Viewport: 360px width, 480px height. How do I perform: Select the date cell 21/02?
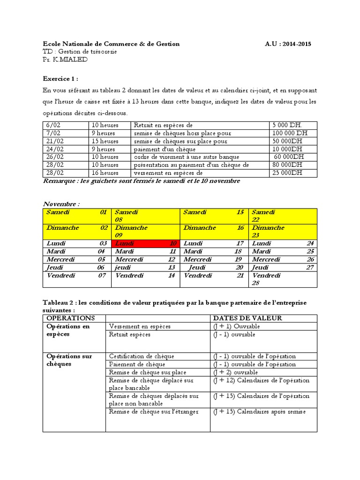click(53, 141)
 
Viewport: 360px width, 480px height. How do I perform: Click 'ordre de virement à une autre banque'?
click(186, 157)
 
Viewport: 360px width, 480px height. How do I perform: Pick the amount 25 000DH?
click(287, 173)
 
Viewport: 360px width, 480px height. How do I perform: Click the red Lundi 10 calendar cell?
click(145, 244)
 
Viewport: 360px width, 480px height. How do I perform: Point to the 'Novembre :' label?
click(61, 204)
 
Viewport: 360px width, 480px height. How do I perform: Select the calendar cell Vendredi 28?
click(283, 279)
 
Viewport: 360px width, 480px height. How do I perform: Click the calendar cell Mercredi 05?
click(76, 260)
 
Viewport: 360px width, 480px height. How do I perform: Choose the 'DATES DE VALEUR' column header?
click(247, 318)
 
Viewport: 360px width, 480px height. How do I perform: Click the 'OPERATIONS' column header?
click(71, 318)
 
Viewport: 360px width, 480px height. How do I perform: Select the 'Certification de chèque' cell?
click(140, 356)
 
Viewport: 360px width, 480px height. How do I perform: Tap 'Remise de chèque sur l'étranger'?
click(154, 412)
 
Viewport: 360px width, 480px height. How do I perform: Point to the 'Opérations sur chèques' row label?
click(69, 360)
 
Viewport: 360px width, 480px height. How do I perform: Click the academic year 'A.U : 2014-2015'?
click(287, 44)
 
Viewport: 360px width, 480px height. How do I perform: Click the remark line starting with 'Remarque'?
click(141, 181)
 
